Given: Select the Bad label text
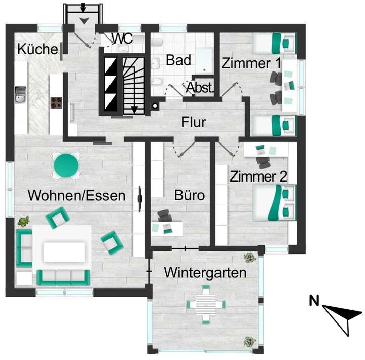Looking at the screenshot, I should pyautogui.click(x=178, y=61).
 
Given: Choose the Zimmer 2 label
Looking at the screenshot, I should pyautogui.click(x=259, y=177).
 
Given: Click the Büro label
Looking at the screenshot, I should pyautogui.click(x=190, y=195).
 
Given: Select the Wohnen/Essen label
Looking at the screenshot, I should pyautogui.click(x=77, y=195).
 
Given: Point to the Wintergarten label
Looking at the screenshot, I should pyautogui.click(x=205, y=273).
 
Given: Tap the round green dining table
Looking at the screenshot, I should pyautogui.click(x=67, y=165).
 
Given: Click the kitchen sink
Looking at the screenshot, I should pyautogui.click(x=21, y=94).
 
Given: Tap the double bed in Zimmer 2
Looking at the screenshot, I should pyautogui.click(x=274, y=202).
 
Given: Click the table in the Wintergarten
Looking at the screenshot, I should pyautogui.click(x=206, y=305).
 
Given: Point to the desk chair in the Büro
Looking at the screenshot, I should pyautogui.click(x=164, y=217).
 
